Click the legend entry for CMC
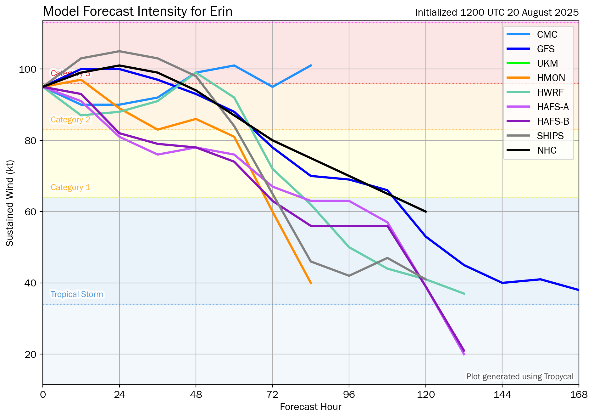tap(547, 34)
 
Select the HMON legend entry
tap(551, 78)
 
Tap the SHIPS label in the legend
tap(550, 136)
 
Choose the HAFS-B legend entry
tap(553, 121)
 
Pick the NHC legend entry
tap(547, 150)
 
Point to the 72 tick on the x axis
tap(272, 394)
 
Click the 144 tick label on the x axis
tap(502, 394)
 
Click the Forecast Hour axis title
tap(310, 407)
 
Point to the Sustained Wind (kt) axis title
tap(10, 203)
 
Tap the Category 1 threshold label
tap(70, 187)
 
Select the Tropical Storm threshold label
tap(77, 294)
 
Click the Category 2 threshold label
tap(70, 120)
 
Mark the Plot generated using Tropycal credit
tap(520, 376)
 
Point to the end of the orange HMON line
tap(311, 283)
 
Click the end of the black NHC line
tap(426, 212)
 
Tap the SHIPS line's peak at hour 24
tap(119, 51)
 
